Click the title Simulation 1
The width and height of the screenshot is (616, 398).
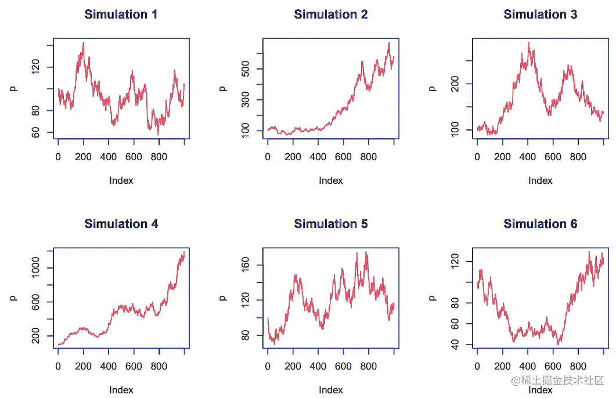(121, 15)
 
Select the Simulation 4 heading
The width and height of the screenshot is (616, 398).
(121, 224)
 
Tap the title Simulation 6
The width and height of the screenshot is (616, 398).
(540, 224)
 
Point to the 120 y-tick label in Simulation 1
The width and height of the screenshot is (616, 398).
(35, 68)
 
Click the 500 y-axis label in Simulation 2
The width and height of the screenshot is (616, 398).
(245, 69)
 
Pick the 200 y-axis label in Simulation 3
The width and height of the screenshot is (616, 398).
(455, 84)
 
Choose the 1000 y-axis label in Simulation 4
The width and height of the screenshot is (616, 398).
(35, 268)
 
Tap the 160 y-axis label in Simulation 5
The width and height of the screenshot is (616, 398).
(245, 265)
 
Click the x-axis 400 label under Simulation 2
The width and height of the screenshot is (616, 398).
(318, 157)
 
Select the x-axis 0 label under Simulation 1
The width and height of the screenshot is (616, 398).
(58, 157)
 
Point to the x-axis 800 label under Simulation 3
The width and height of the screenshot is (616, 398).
(578, 157)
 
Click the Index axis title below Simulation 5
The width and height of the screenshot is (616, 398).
(330, 390)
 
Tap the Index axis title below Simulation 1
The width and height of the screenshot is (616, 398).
(121, 180)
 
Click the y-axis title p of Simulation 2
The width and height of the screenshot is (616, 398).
(222, 88)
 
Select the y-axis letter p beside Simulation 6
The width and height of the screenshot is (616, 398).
(432, 298)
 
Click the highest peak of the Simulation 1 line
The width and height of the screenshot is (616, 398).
(83, 42)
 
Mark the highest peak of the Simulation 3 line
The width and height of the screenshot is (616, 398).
(528, 42)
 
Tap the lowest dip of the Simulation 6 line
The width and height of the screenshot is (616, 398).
(559, 344)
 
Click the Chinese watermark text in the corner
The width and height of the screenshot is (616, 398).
(558, 381)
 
